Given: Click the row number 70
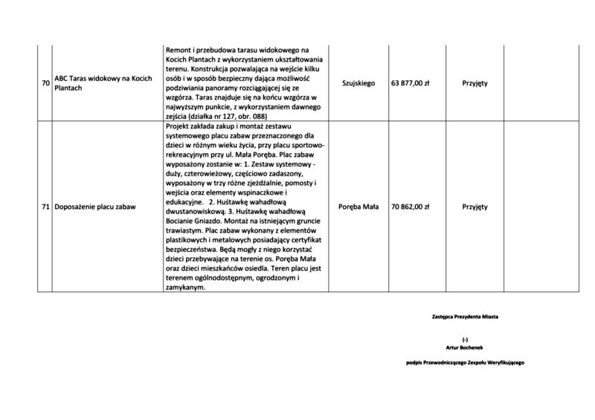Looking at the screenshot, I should point(45,83).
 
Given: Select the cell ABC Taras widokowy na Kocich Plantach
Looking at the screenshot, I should point(97,83).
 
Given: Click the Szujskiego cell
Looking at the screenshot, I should point(359,83).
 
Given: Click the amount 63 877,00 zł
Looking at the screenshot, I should point(411,83).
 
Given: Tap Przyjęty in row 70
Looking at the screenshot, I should point(475,83).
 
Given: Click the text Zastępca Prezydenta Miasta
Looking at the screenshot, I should point(465,317).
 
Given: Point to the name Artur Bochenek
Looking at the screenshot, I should point(466,346).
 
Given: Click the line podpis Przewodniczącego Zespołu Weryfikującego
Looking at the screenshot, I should point(466,362).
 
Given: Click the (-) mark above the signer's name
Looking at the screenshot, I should point(466,339).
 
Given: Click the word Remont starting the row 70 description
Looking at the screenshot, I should point(179,48).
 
